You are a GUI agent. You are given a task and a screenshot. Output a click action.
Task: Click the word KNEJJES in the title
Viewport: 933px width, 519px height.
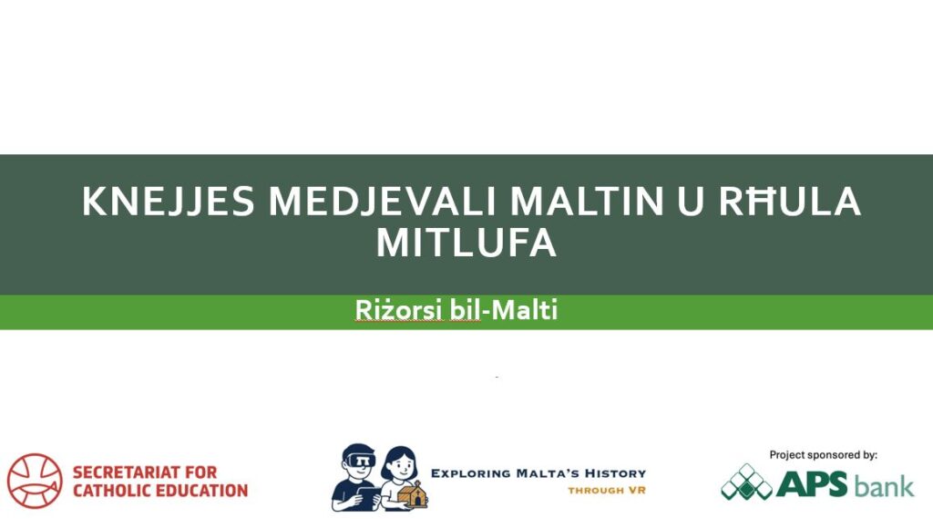tap(169, 201)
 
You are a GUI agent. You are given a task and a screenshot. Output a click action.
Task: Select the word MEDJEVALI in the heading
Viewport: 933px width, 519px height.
tap(382, 201)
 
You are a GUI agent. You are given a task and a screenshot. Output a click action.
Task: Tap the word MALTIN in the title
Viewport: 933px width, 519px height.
tap(586, 201)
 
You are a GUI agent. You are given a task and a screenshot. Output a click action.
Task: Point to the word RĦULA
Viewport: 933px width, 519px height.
tap(790, 201)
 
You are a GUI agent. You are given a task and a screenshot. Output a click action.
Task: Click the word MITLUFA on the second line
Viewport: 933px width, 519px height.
tap(466, 243)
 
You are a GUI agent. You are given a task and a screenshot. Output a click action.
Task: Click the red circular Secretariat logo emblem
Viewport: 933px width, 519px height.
tap(36, 481)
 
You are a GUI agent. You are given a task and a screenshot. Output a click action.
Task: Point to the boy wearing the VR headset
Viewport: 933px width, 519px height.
tap(356, 477)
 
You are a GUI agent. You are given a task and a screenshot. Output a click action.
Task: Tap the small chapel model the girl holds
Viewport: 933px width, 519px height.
tap(414, 494)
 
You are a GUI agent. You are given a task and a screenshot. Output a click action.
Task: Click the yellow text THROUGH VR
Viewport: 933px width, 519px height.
tap(606, 491)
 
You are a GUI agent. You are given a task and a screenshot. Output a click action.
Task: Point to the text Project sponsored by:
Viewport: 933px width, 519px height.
tap(823, 455)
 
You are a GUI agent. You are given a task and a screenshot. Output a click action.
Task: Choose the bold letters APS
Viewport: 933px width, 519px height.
tap(812, 483)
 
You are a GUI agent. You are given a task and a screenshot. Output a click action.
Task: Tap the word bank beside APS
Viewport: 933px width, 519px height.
tap(884, 485)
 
